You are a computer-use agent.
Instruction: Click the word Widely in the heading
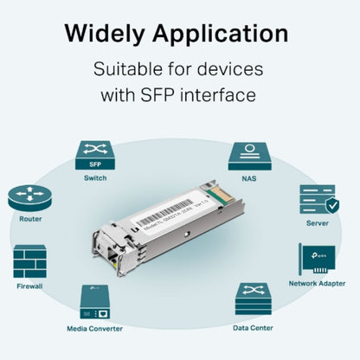pos(108,34)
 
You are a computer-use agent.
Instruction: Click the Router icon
pos(30,198)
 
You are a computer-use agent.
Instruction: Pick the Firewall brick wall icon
pos(29,261)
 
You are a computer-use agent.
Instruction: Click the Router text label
pos(30,219)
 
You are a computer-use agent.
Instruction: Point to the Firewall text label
pos(29,285)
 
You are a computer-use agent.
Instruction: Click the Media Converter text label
pos(94,328)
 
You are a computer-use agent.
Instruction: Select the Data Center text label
pos(254,327)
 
